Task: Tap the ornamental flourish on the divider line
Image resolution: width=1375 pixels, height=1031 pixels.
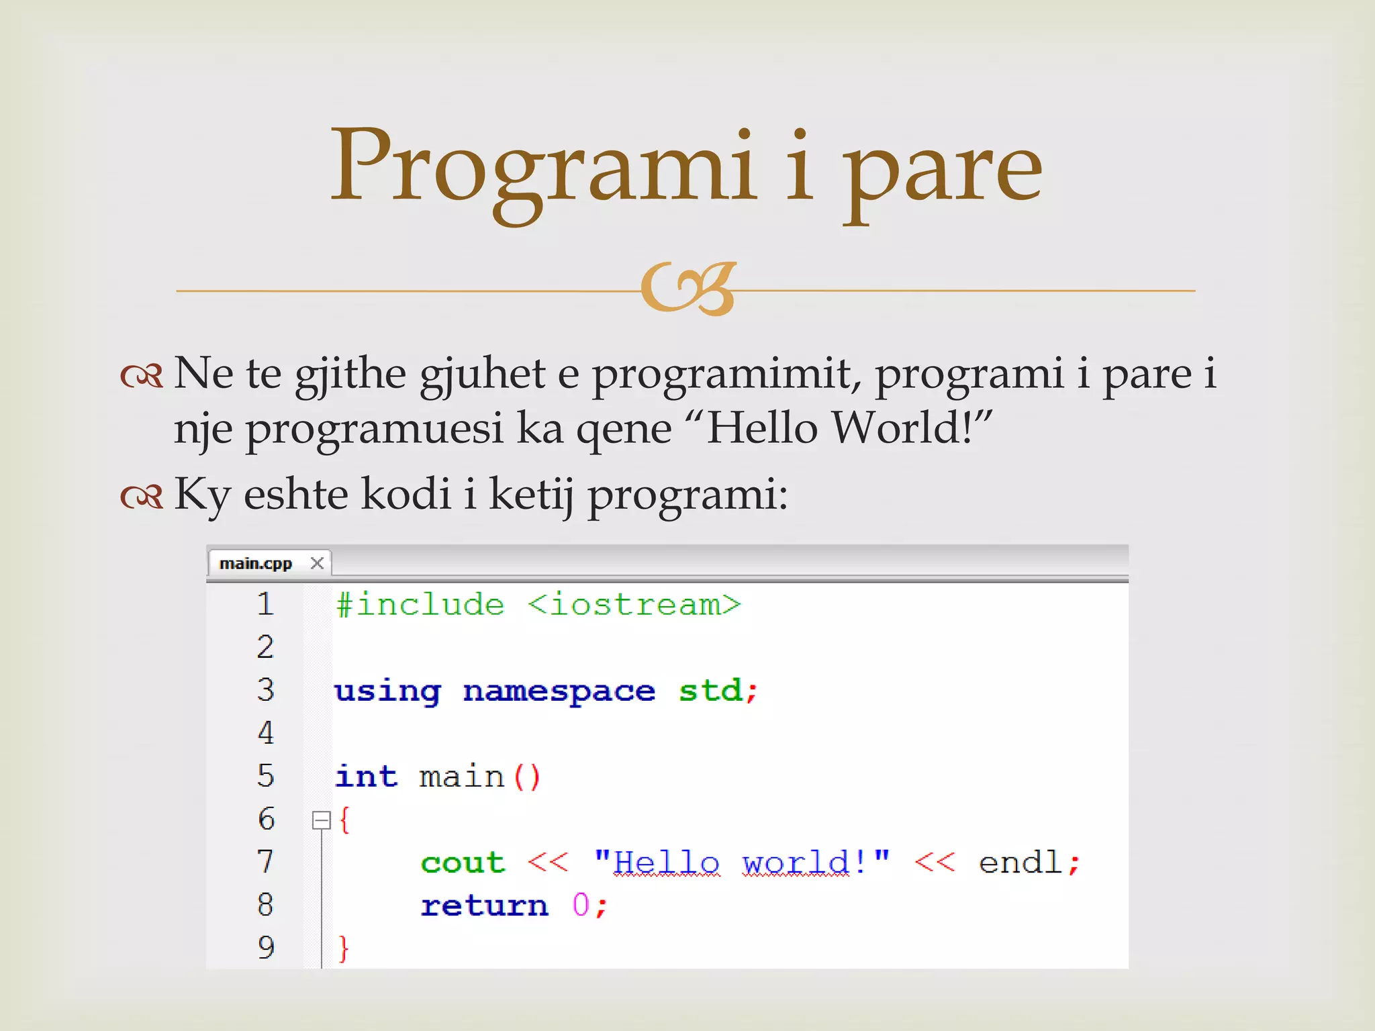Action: pyautogui.click(x=689, y=289)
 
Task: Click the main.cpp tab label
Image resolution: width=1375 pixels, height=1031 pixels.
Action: pyautogui.click(x=255, y=563)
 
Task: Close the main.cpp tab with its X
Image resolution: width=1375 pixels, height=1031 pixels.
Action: pyautogui.click(x=318, y=563)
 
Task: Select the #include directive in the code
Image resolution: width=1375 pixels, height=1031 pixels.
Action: pyautogui.click(x=420, y=605)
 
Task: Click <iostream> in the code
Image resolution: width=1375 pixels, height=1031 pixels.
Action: pyautogui.click(x=634, y=605)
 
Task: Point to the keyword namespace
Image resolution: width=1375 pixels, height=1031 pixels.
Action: pyautogui.click(x=559, y=691)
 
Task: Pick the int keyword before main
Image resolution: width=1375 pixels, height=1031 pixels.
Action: pyautogui.click(x=367, y=777)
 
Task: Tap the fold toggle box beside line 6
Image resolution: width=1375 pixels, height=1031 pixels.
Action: pyautogui.click(x=322, y=820)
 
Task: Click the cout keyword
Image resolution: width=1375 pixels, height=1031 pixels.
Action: pyautogui.click(x=463, y=863)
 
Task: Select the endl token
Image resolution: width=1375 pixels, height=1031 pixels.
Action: pyautogui.click(x=1020, y=863)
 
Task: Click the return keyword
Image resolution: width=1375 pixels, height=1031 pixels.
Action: pyautogui.click(x=484, y=905)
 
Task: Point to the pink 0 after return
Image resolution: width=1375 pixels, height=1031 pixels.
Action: pyautogui.click(x=581, y=905)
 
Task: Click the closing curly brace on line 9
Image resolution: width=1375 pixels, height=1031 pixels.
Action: pyautogui.click(x=344, y=948)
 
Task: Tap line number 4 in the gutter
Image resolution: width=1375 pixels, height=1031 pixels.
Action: pyautogui.click(x=266, y=733)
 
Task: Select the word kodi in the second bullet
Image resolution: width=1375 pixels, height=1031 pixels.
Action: pyautogui.click(x=406, y=494)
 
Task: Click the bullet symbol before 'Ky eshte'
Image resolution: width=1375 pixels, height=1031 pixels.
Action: pyautogui.click(x=142, y=497)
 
